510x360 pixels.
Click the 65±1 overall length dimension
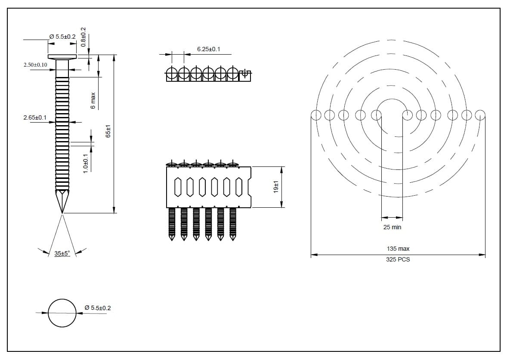click(x=108, y=132)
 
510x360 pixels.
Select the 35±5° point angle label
click(x=62, y=254)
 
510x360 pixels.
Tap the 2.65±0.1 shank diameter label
click(x=35, y=117)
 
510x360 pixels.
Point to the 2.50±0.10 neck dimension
click(x=35, y=65)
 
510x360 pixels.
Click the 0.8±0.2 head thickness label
click(x=83, y=37)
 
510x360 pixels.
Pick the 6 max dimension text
click(x=93, y=101)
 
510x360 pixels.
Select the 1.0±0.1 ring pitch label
click(x=85, y=163)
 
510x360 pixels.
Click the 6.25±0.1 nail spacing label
click(x=208, y=49)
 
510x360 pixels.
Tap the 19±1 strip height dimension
click(x=276, y=187)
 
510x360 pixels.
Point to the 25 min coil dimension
click(x=392, y=227)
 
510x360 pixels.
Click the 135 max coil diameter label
click(x=398, y=249)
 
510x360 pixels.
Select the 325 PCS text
click(x=398, y=259)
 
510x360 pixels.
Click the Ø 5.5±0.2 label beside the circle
click(x=98, y=308)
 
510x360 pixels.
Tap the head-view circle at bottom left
click(x=62, y=313)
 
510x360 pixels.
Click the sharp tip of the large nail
click(x=62, y=212)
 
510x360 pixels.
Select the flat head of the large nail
click(x=62, y=57)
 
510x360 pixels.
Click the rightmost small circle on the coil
click(x=481, y=115)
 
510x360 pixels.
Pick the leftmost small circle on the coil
click(x=315, y=115)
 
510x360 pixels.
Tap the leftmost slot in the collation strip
click(x=178, y=187)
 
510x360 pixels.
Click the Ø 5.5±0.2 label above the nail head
click(x=63, y=37)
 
